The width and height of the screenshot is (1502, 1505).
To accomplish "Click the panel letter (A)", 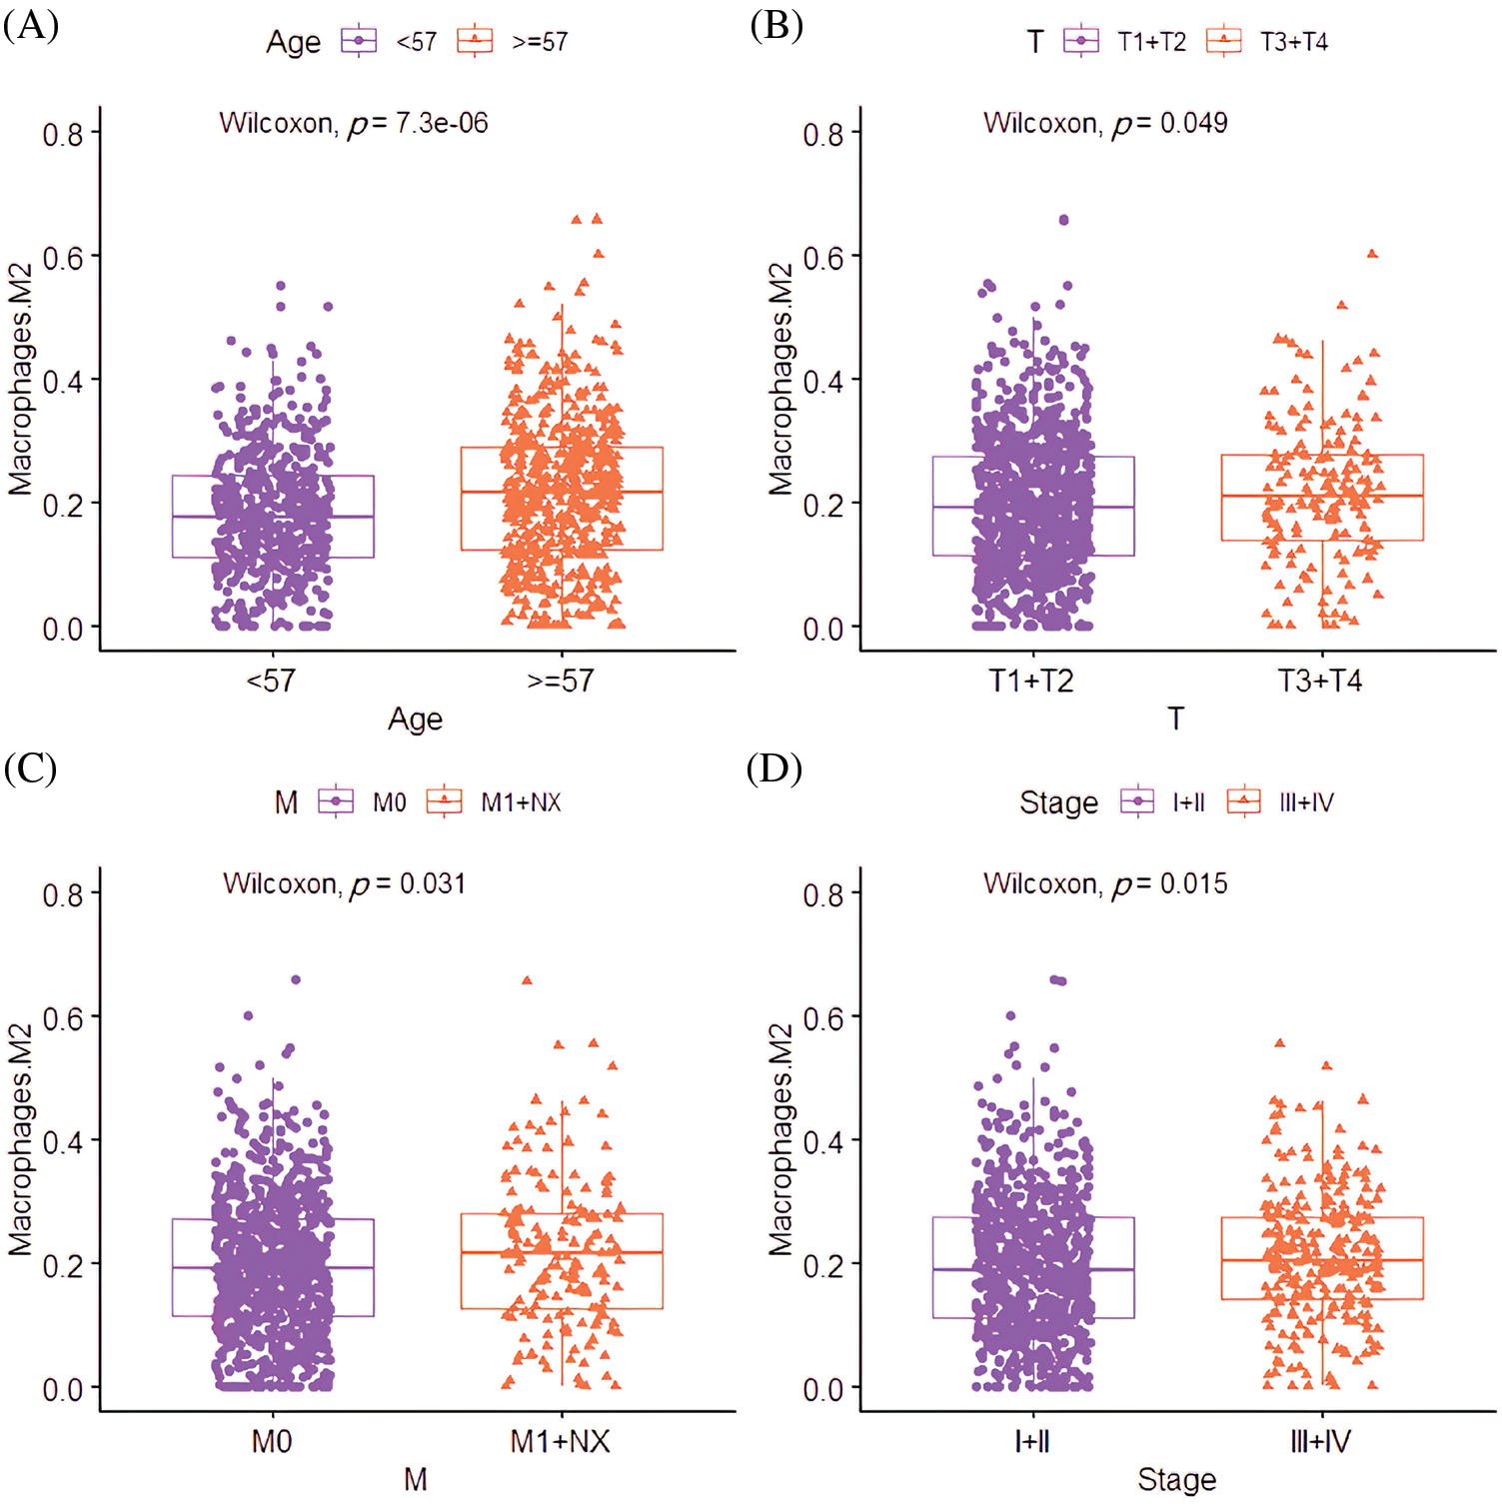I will [31, 25].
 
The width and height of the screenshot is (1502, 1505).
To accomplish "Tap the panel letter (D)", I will [774, 769].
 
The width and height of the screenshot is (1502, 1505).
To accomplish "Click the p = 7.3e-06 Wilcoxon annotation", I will [354, 123].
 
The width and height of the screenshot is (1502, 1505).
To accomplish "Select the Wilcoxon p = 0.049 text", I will [1105, 123].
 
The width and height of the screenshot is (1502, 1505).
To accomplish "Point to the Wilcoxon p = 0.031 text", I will [344, 884].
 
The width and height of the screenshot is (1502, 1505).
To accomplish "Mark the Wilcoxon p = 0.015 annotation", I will [1105, 884].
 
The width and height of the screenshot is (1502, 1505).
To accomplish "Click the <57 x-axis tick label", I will [271, 682].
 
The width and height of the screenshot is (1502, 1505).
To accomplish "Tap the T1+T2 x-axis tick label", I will [1031, 682].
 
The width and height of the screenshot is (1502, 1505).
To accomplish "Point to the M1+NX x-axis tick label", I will [560, 1442].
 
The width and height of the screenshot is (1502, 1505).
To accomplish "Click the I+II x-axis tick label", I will [1031, 1442].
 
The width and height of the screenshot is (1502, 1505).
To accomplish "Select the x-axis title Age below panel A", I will [415, 720].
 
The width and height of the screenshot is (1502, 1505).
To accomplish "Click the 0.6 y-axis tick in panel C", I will [62, 1018].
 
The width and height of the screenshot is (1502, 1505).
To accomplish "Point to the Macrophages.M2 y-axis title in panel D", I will [780, 1139].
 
